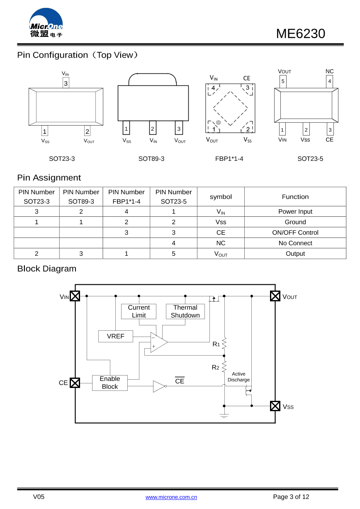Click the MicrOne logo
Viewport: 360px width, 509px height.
(46, 23)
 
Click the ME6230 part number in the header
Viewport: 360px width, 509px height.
(300, 34)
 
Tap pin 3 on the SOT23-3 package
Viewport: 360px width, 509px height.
(66, 83)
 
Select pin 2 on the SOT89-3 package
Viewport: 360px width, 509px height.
(153, 129)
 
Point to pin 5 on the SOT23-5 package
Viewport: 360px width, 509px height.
(283, 81)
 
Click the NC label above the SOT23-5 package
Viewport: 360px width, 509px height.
(330, 71)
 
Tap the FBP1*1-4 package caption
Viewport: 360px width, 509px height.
(229, 158)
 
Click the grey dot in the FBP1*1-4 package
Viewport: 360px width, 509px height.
(218, 123)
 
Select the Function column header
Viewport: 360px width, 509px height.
(295, 196)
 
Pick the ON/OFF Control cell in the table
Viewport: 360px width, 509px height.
(295, 233)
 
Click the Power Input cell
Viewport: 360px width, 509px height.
(295, 211)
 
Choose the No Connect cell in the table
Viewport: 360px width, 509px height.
(295, 243)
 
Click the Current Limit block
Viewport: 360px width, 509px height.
(139, 311)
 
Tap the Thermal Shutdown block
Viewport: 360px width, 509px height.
(185, 311)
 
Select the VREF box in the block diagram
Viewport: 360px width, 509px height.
(115, 336)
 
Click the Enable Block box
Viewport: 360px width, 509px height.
(109, 383)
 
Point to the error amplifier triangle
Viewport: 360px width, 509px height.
(158, 342)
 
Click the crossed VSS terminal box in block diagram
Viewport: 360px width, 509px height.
(275, 406)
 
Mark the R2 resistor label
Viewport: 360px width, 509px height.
(215, 367)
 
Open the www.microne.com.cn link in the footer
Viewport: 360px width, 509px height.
(171, 497)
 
